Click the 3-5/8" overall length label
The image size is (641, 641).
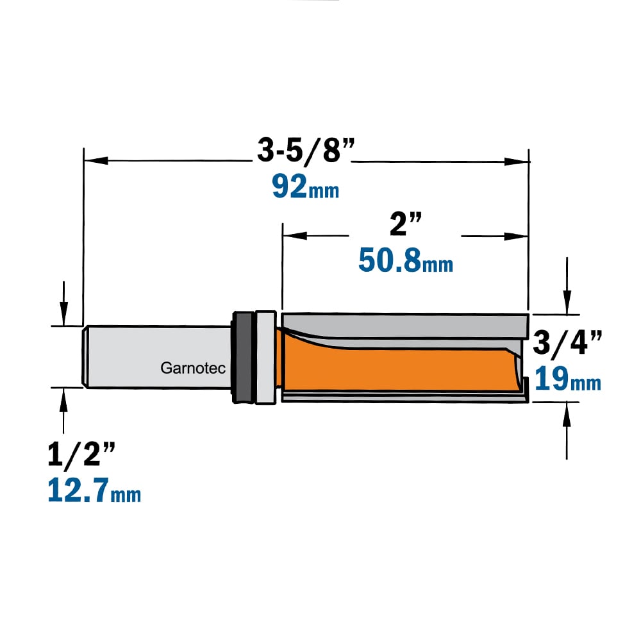[306, 150]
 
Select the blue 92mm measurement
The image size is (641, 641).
[306, 187]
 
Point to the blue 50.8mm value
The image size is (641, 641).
[406, 260]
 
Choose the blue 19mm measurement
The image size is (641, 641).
[568, 379]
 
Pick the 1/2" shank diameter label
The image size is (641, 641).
[81, 454]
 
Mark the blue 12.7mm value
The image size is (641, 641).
[94, 490]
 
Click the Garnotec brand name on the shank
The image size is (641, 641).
[193, 368]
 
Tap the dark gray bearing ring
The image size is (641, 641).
[243, 357]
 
